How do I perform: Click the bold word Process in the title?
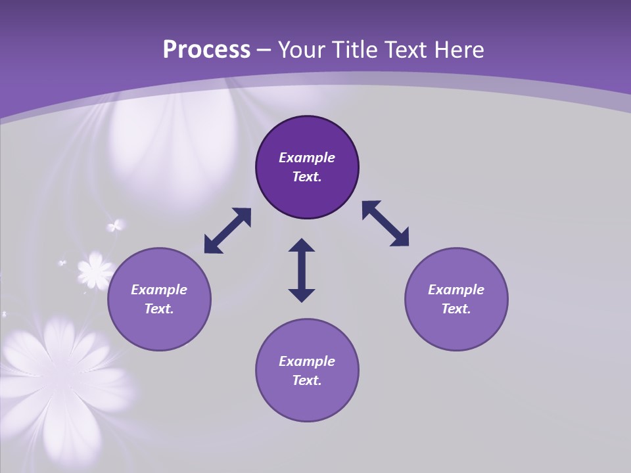click(x=206, y=50)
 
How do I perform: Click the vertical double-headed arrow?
click(x=302, y=270)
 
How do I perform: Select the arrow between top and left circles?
click(x=227, y=231)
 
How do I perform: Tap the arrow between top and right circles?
click(x=386, y=223)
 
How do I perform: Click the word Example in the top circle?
click(x=307, y=158)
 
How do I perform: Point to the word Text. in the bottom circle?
click(x=307, y=380)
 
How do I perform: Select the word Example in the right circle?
click(x=456, y=290)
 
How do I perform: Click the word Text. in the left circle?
click(x=159, y=309)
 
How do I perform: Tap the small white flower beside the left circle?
click(x=97, y=270)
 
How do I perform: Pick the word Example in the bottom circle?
click(x=307, y=361)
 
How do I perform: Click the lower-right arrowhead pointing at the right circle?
click(x=400, y=238)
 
